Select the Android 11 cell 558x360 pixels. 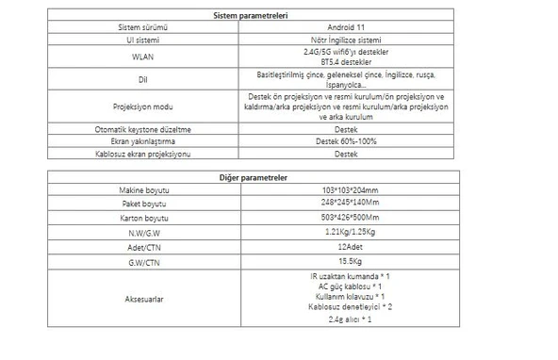click(x=346, y=28)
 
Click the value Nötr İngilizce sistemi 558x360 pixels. click(x=346, y=41)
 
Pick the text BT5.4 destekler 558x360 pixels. click(x=346, y=62)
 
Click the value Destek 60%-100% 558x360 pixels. click(x=346, y=140)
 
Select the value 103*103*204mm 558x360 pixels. click(x=346, y=190)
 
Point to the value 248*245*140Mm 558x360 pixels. click(x=346, y=204)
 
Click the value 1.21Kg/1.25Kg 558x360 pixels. click(x=346, y=232)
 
